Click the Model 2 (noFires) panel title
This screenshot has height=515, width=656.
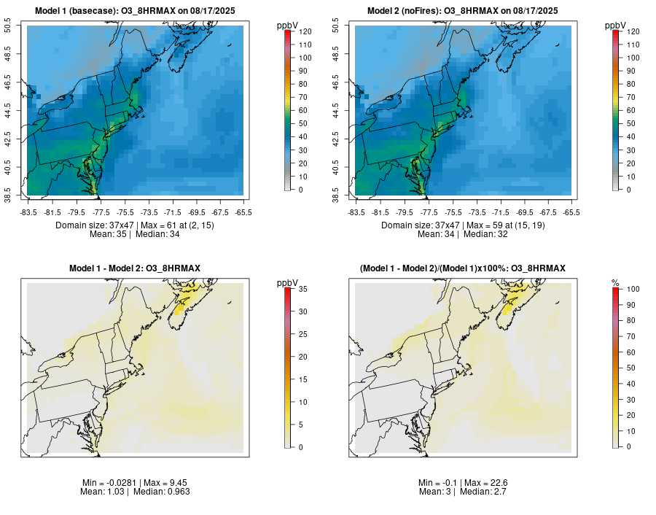[463, 11]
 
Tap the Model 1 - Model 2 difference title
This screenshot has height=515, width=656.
[135, 269]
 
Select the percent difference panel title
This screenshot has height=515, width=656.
[463, 269]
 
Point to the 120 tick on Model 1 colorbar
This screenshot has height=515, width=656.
[304, 31]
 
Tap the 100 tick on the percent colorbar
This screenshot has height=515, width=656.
[632, 290]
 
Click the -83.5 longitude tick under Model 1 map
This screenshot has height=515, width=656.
[29, 212]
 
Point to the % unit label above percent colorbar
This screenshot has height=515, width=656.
[615, 282]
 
